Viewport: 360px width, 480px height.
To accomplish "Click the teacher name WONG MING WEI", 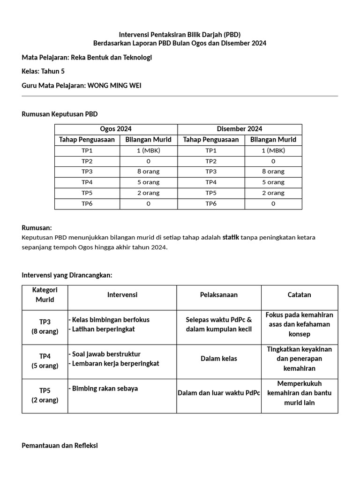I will click(x=114, y=85).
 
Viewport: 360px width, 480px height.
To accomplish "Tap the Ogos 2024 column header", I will click(x=116, y=129).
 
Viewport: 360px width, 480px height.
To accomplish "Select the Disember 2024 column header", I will click(x=240, y=129).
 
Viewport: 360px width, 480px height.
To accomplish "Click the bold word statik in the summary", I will click(x=231, y=237).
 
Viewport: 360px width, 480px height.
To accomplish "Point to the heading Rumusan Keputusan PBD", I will click(x=60, y=114).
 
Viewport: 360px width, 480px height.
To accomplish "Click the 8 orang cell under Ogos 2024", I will click(x=148, y=172).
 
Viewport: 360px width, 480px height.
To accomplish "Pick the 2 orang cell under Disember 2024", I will click(x=273, y=193).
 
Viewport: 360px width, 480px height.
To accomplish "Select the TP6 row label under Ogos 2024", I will click(x=87, y=203).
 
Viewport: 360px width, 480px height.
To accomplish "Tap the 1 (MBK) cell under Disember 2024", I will click(x=273, y=150).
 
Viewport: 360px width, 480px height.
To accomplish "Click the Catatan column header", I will click(x=299, y=295).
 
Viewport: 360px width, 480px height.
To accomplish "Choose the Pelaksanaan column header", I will click(x=219, y=295).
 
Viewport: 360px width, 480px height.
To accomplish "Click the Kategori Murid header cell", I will click(x=45, y=295).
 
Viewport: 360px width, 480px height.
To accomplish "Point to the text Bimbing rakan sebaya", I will click(x=105, y=389).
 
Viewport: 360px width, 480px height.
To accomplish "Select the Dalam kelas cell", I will click(x=219, y=359).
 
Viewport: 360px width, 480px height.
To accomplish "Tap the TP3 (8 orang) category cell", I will click(x=45, y=326).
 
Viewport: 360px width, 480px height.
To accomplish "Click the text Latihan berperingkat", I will click(x=103, y=329).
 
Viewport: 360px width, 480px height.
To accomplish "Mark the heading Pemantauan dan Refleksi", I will click(x=60, y=445).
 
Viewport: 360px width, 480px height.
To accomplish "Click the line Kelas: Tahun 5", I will click(x=43, y=71).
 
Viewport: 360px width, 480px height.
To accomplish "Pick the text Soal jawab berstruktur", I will click(x=106, y=354).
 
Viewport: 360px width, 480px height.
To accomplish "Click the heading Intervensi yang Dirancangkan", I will click(x=67, y=275).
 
